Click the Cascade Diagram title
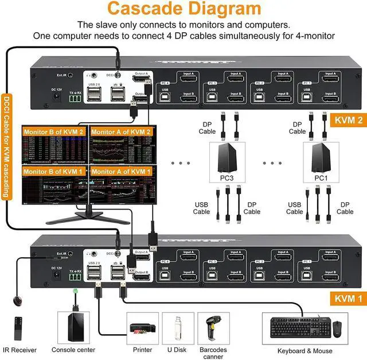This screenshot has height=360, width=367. (183, 10)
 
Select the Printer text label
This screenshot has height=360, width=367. (142, 350)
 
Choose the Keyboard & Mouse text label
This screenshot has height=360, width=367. (304, 350)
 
